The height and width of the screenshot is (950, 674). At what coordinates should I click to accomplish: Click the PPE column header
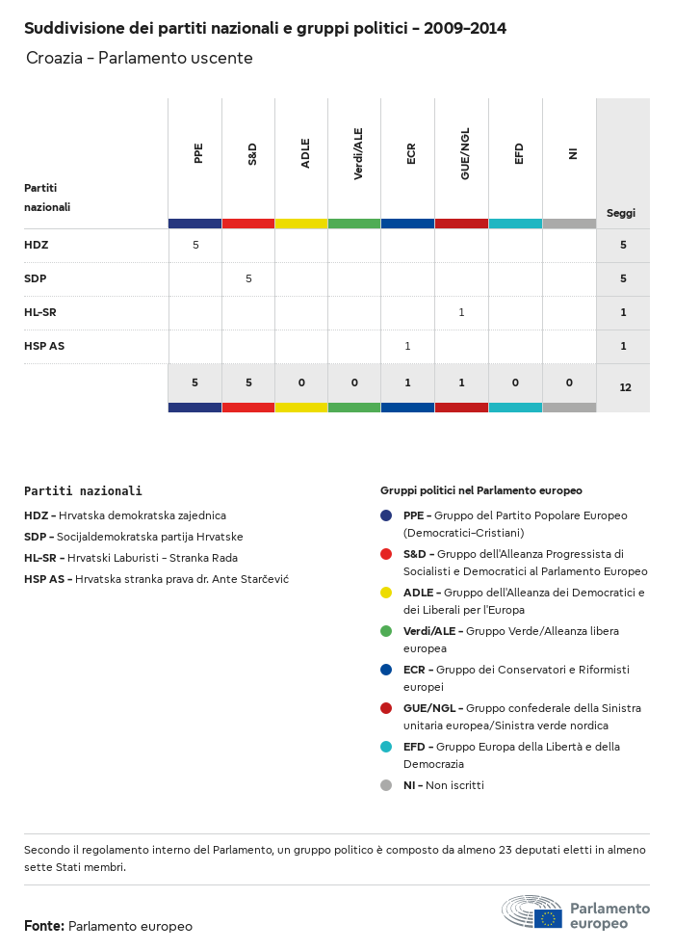coord(198,153)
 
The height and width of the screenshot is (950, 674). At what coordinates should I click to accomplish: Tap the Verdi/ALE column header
coord(358,156)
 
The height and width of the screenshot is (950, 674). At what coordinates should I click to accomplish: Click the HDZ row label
coord(37,246)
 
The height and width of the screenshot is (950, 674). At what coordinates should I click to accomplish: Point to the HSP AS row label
coord(44,346)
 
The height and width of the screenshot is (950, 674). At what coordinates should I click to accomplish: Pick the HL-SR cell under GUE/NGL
coord(461,312)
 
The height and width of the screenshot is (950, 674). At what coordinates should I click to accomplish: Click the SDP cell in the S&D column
coord(248,278)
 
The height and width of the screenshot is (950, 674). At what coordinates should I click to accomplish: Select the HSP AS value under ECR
coord(407,346)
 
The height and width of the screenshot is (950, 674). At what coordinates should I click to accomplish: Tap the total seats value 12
coord(625,387)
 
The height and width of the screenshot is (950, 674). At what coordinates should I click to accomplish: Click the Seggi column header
coord(621,213)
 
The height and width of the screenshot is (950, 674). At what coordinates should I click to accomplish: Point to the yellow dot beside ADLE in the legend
coord(386,593)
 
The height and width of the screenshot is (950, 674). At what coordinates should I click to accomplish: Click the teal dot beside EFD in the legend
coord(386,747)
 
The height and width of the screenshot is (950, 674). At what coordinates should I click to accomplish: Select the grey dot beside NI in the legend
coord(386,785)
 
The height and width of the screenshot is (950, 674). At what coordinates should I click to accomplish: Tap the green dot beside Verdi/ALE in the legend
coord(386,631)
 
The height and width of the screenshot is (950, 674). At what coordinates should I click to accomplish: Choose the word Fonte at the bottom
coord(43,926)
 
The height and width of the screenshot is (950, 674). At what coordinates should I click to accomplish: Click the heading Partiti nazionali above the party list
coord(83,491)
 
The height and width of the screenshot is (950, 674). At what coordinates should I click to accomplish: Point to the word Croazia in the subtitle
coord(54,59)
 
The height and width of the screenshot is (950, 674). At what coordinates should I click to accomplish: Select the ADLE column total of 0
coord(301,383)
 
